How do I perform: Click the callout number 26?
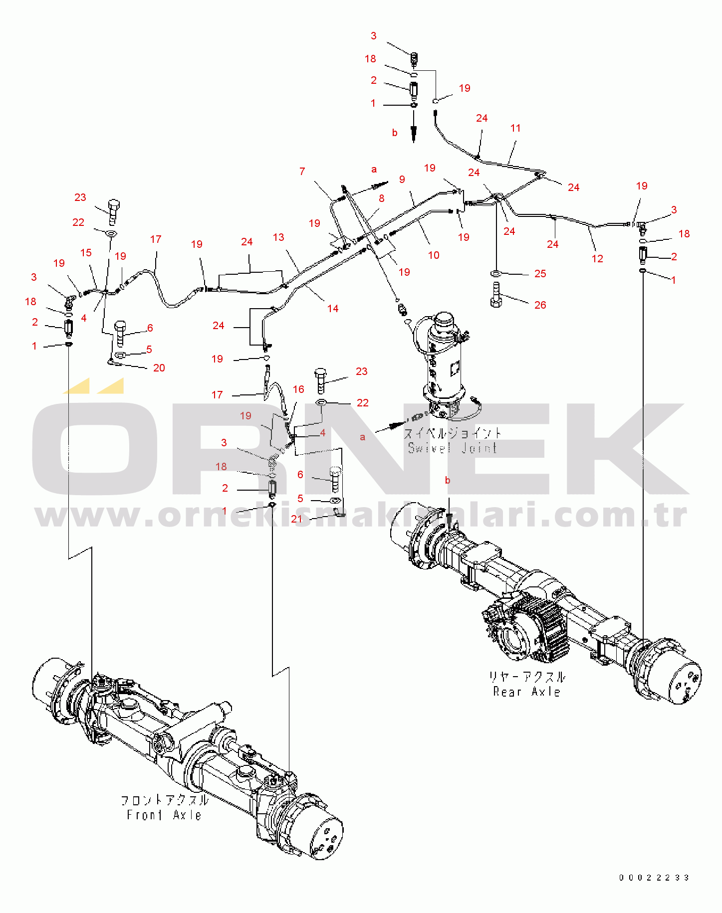[540, 305]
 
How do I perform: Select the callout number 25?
[540, 273]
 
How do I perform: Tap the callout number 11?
[515, 128]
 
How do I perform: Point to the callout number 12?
[597, 258]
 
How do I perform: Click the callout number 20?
[159, 367]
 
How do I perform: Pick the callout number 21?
[296, 519]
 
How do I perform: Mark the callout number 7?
[302, 171]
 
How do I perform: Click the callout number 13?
[278, 237]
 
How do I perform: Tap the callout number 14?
[333, 308]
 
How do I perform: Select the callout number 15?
[86, 252]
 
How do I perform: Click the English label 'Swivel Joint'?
[452, 448]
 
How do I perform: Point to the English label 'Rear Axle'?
[526, 692]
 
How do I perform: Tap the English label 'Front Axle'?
[164, 815]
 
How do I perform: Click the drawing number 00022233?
[654, 877]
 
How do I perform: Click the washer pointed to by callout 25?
[495, 273]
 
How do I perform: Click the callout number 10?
[434, 255]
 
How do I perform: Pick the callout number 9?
[402, 179]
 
